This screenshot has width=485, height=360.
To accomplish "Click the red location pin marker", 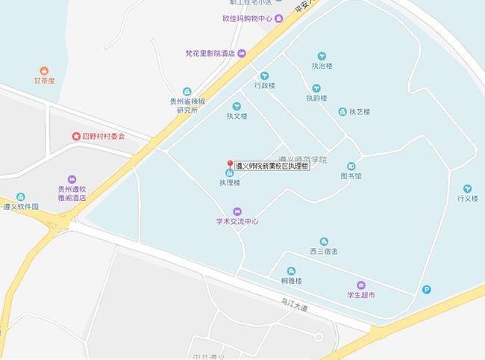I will tap(230, 164).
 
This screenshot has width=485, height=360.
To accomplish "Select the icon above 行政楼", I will tap(264, 75).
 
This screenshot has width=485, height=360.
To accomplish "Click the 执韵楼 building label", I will tap(316, 98).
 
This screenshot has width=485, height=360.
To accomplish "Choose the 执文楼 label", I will tap(237, 116).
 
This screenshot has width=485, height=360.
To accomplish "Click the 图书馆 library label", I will tap(351, 177).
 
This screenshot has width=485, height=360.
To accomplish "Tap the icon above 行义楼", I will tap(468, 188).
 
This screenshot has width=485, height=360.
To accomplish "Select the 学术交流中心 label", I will tap(237, 220).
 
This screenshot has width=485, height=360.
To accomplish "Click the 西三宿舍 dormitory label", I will tap(324, 252).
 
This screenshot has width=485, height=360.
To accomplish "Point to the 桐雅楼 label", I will tap(291, 281).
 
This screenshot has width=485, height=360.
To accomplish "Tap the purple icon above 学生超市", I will tap(360, 285).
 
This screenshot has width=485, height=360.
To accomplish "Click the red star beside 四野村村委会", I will tap(75, 137).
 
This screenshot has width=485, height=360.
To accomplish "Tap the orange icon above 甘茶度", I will tap(43, 70).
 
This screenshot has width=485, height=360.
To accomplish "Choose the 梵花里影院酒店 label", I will tap(210, 54).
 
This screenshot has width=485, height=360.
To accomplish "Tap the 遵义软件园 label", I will tap(21, 206).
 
